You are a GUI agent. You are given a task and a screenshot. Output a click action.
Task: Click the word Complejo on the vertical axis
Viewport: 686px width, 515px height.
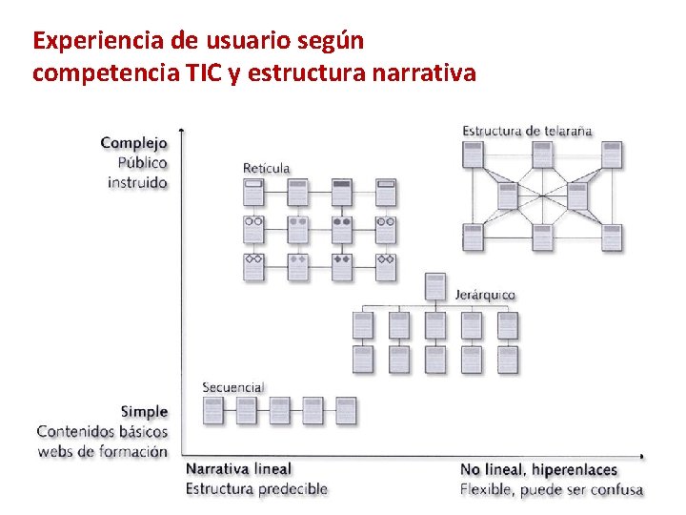click(x=133, y=143)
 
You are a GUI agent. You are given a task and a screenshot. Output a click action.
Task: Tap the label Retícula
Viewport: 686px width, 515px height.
click(x=266, y=169)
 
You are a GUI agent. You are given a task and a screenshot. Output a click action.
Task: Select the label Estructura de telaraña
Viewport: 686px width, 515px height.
click(x=527, y=131)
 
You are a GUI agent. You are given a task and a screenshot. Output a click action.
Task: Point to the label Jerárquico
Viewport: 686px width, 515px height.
click(x=485, y=295)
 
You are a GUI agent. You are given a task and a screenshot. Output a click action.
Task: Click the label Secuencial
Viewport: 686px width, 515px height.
click(x=232, y=387)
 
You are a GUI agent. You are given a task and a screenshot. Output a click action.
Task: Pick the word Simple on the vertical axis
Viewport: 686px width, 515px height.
click(x=144, y=412)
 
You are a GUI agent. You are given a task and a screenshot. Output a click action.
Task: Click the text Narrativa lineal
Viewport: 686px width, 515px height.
click(x=238, y=469)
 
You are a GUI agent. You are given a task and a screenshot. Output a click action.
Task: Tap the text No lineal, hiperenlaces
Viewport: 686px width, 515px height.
click(x=538, y=469)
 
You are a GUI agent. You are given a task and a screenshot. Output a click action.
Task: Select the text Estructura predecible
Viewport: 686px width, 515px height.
click(x=256, y=489)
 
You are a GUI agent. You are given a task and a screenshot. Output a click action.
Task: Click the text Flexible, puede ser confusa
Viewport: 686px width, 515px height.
click(x=551, y=490)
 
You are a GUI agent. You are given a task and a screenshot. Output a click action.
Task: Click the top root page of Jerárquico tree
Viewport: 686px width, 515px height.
click(x=435, y=285)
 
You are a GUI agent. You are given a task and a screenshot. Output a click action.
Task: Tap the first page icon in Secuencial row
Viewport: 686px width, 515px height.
click(x=213, y=410)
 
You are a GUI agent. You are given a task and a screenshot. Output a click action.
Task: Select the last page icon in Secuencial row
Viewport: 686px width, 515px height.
click(x=346, y=410)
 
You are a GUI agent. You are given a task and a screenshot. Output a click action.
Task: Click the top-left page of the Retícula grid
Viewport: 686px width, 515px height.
click(x=253, y=192)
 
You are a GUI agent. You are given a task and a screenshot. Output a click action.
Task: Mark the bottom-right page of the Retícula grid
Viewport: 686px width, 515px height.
click(x=386, y=267)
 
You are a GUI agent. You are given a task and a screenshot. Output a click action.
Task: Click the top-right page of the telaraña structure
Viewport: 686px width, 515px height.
click(x=612, y=154)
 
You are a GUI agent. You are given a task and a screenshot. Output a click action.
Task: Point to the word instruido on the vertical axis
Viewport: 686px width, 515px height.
click(x=137, y=182)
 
